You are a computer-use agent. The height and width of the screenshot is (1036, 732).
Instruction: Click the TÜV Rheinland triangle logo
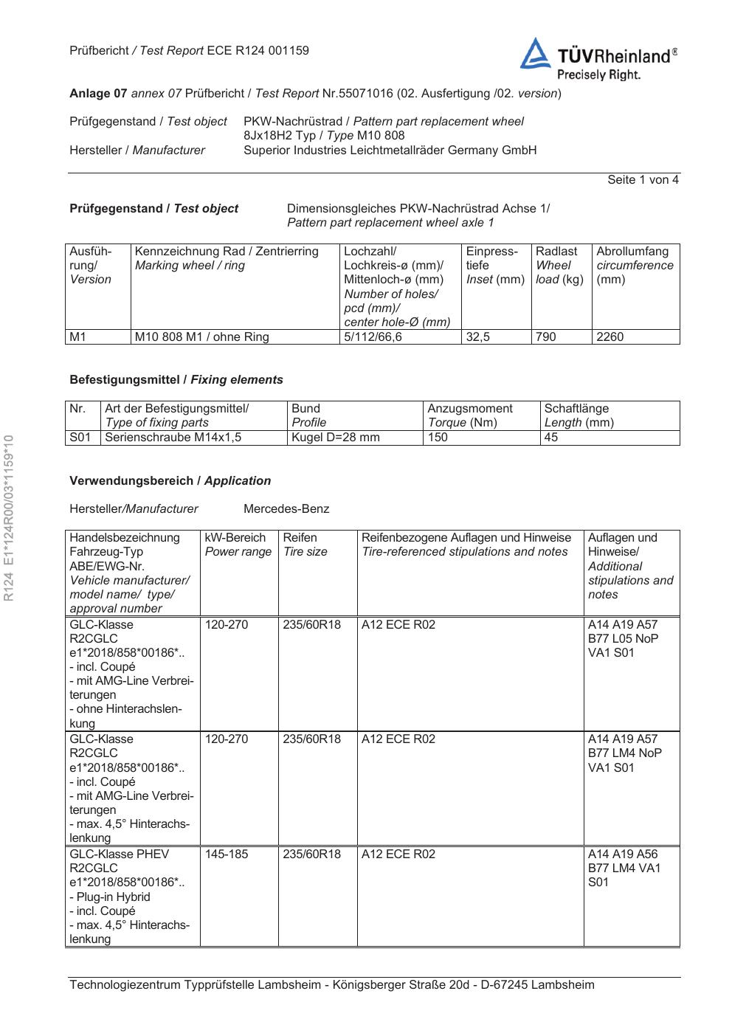[x=535, y=55]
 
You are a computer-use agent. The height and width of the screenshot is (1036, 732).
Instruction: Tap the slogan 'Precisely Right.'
[x=598, y=75]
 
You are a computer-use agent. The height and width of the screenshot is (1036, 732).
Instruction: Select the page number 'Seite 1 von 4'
[x=643, y=180]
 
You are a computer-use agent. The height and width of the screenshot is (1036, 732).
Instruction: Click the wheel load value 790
[x=546, y=337]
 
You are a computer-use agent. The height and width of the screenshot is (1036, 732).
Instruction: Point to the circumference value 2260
[x=610, y=337]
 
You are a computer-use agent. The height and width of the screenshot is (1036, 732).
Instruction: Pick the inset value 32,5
[x=478, y=337]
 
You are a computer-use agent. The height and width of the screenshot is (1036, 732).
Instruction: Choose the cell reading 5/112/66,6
[x=373, y=337]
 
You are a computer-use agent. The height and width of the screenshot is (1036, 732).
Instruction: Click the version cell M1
[x=78, y=337]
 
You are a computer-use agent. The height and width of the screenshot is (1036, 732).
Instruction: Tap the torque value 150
[x=438, y=438]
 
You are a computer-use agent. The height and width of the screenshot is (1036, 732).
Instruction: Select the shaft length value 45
[x=551, y=438]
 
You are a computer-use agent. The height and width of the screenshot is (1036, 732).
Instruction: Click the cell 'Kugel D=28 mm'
[x=336, y=438]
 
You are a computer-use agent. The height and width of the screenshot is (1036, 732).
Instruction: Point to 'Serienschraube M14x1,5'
[x=173, y=438]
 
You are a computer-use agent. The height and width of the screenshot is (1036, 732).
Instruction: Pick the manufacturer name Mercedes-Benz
[x=286, y=509]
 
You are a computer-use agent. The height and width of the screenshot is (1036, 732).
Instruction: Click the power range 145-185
[x=227, y=854]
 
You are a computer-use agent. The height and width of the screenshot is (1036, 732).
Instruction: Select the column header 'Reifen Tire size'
[x=305, y=545]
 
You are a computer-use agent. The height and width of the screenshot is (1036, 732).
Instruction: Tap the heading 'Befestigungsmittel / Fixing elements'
[x=176, y=380]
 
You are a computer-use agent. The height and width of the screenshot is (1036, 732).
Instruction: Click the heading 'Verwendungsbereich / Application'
[x=170, y=481]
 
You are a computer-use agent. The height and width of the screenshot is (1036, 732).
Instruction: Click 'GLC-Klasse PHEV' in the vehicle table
[x=119, y=854]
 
